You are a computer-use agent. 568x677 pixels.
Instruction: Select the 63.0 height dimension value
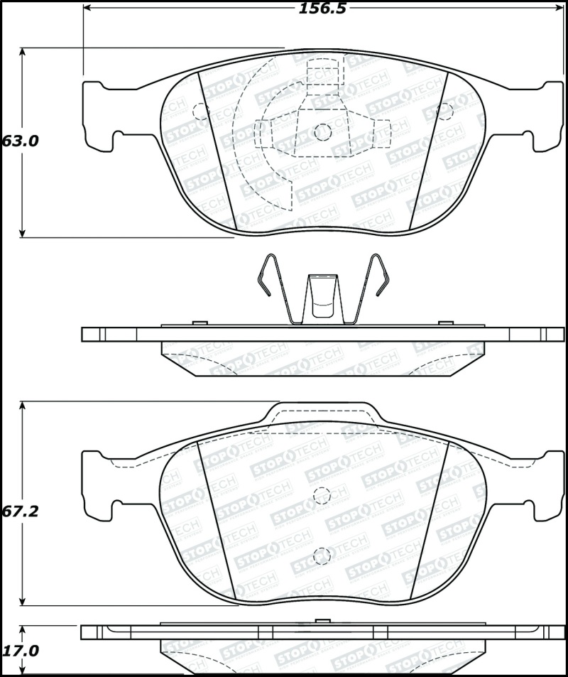[x=19, y=141]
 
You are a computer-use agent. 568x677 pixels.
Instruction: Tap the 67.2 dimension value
[x=19, y=511]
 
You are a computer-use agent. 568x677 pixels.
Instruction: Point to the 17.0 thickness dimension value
[x=19, y=651]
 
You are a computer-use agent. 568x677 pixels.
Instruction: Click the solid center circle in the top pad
[x=323, y=131]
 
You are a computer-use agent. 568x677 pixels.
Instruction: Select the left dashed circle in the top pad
[x=200, y=111]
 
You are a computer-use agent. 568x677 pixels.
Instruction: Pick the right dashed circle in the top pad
[x=445, y=111]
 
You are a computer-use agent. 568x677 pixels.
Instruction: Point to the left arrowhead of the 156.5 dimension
[x=89, y=8]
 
